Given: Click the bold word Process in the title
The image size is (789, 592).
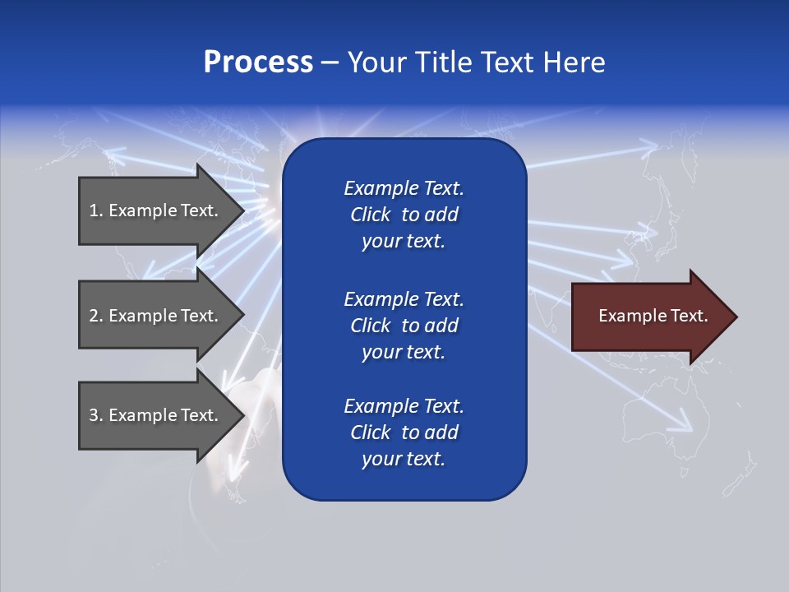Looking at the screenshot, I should point(258,62).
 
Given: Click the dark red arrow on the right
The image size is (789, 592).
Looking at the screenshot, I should point(649,317).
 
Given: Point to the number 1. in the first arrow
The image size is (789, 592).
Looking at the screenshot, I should point(96,210).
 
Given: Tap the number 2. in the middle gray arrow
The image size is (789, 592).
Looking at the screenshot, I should point(96,316).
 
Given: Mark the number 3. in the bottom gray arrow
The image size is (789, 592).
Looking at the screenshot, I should point(96,415).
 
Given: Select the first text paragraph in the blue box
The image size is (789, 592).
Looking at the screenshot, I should point(404,215).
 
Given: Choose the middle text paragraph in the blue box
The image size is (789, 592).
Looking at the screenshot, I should point(404,325).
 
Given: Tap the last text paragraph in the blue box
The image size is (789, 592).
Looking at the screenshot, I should point(404,432).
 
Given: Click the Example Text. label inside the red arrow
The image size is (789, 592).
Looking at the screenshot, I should point(653,316).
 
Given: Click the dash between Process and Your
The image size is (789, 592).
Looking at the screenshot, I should point(330,63).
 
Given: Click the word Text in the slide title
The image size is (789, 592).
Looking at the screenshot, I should point(507,62).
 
